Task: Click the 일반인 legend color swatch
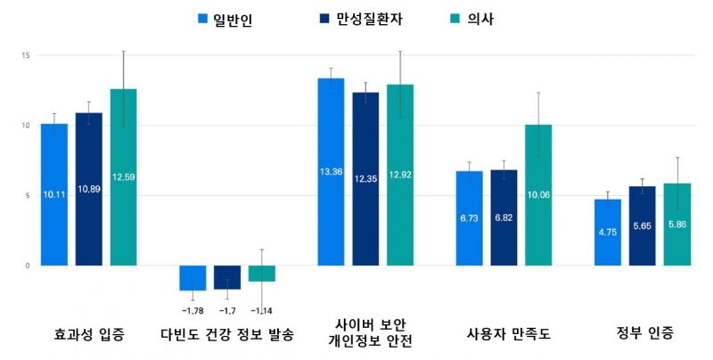201,19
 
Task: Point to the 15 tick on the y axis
26,55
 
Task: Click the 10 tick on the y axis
26,126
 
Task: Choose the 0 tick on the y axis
28,266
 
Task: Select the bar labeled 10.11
54,194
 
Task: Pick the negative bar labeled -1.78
193,278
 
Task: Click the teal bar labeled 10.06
538,195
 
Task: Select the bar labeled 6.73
469,218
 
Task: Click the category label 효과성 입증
88,335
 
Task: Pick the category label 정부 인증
645,334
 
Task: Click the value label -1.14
262,310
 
